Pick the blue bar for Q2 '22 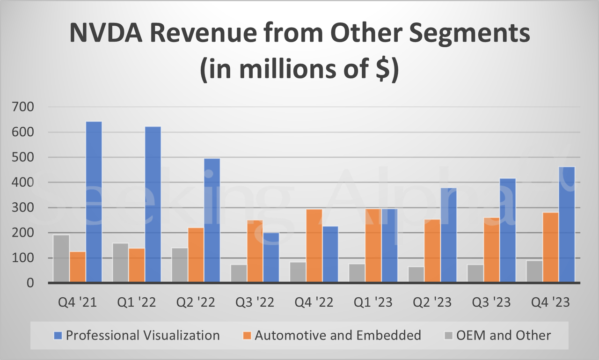pyautogui.click(x=212, y=220)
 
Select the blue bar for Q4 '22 pyautogui.click(x=330, y=255)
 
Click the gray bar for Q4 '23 pyautogui.click(x=534, y=272)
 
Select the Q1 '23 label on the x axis pyautogui.click(x=373, y=302)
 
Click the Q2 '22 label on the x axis pyautogui.click(x=196, y=302)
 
